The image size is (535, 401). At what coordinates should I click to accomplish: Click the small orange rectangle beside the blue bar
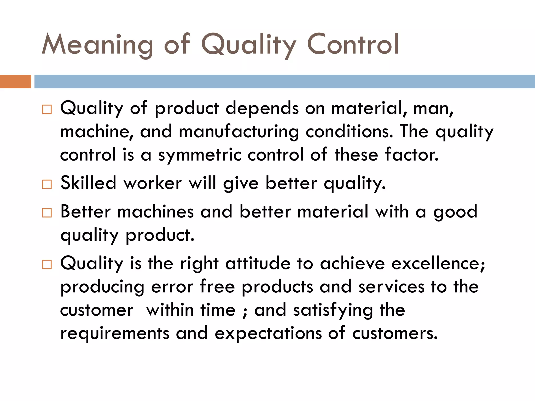[x=15, y=81]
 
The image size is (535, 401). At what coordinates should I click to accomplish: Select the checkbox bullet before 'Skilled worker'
[x=47, y=184]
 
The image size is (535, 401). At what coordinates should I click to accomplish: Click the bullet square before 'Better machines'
[x=47, y=213]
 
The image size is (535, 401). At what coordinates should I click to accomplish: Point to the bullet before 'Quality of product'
[x=47, y=109]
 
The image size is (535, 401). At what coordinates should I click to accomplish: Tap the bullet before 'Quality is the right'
[x=47, y=264]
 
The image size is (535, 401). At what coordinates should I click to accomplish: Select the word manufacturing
[x=239, y=132]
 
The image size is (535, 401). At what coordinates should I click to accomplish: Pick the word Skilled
[x=88, y=183]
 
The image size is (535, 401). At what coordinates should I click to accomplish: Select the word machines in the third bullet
[x=155, y=211]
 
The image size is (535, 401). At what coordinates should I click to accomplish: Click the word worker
[x=153, y=183]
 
